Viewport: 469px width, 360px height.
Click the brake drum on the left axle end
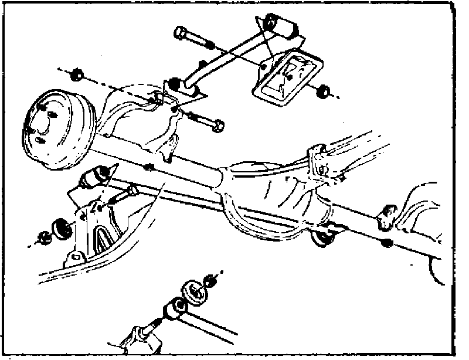[56, 129]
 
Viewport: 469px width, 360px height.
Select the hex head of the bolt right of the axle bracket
[217, 125]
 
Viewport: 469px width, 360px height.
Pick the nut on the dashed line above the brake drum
[75, 76]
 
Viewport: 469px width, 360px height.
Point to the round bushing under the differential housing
[321, 237]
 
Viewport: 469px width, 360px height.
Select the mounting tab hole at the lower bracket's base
[75, 257]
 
